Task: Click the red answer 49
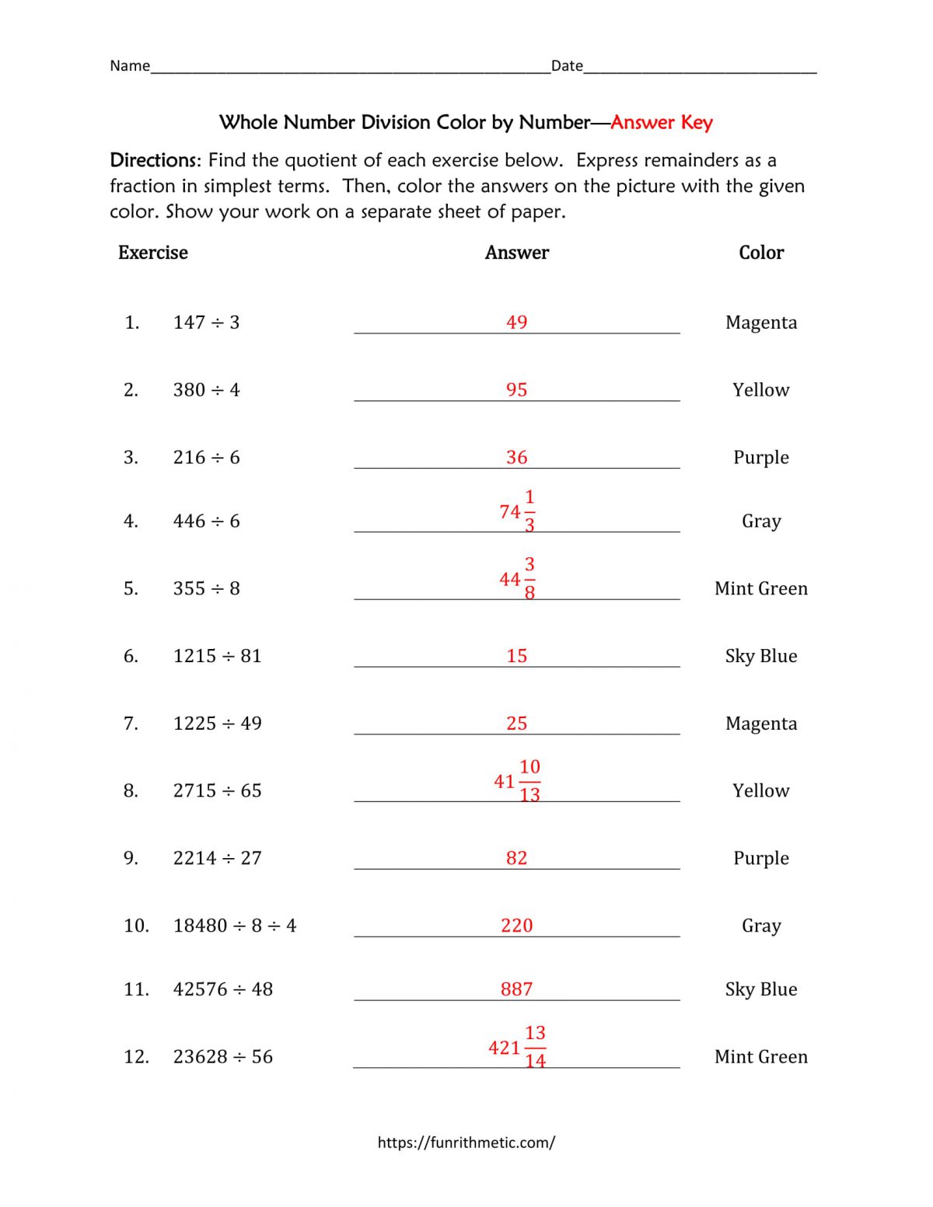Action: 516,322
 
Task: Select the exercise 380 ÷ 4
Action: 206,389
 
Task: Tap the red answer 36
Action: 516,457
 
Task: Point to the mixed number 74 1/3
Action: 517,511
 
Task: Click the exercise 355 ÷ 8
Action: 206,588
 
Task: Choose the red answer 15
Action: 516,656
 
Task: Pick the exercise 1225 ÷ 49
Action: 217,724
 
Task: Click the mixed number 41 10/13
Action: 517,780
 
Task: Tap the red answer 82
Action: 516,858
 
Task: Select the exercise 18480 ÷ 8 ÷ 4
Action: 234,926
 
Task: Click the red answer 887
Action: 516,989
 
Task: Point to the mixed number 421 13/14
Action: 517,1047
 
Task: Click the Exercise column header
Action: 153,253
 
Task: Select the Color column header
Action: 761,253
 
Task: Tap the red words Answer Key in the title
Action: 662,122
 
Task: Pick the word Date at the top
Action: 567,66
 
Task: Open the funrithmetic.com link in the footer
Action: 466,1142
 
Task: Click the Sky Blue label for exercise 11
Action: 761,989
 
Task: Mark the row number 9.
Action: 131,858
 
